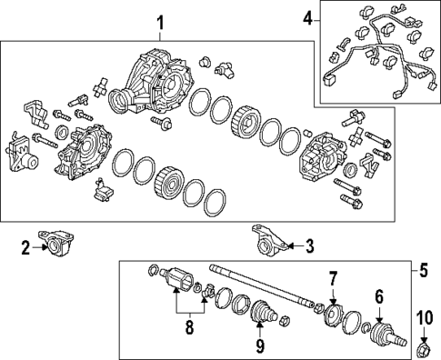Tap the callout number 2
click(25, 245)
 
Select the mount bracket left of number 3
click(270, 240)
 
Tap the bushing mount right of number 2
click(57, 243)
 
